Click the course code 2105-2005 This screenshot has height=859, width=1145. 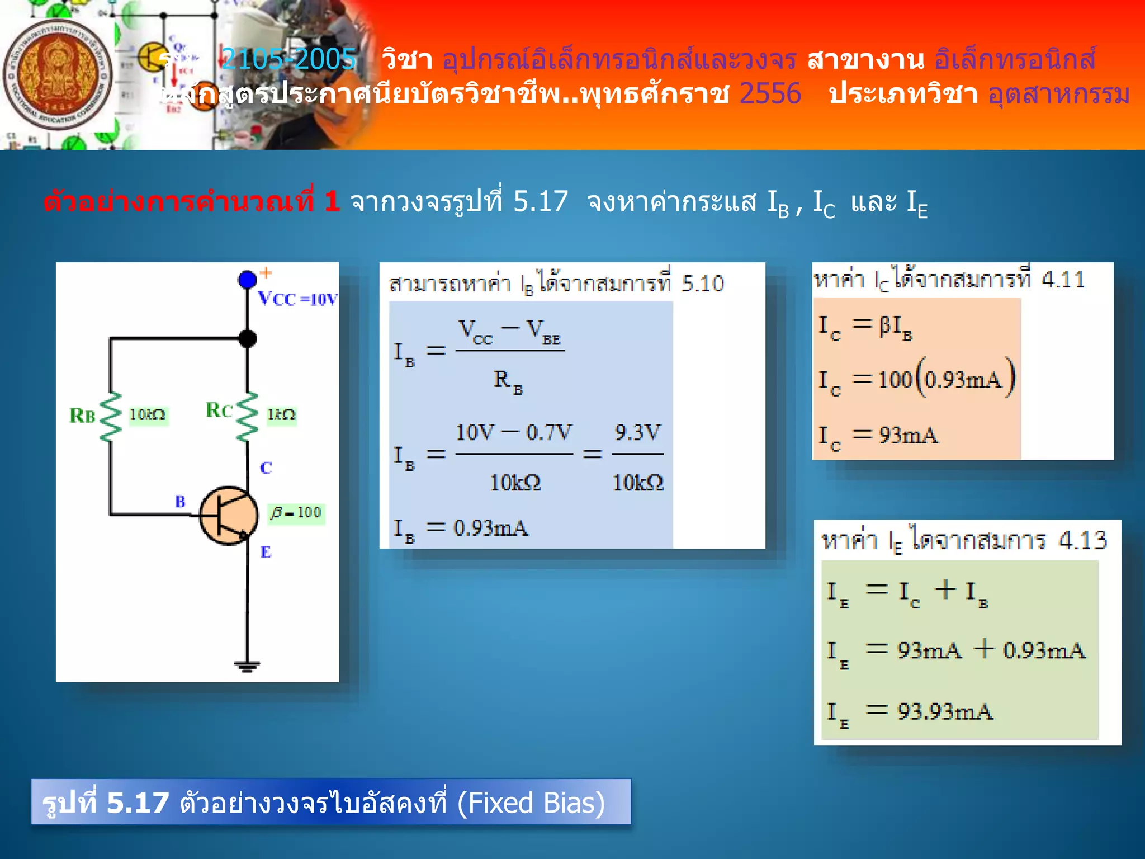[x=288, y=59]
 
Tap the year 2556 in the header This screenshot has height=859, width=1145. [x=770, y=93]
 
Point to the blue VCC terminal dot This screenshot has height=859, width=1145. [x=247, y=279]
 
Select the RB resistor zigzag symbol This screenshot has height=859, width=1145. [x=111, y=417]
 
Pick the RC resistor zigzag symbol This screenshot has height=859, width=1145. [x=247, y=417]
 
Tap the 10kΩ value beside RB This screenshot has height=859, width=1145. [x=148, y=415]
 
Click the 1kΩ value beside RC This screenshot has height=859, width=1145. [x=281, y=415]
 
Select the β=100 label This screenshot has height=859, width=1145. [x=296, y=513]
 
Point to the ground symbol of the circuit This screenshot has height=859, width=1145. [x=247, y=666]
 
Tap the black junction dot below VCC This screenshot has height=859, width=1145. [x=247, y=338]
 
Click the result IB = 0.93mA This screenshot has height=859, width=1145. [x=461, y=528]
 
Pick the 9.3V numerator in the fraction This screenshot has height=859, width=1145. [x=637, y=432]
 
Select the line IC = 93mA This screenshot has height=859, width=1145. [x=878, y=436]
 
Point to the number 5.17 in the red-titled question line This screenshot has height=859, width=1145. [x=540, y=201]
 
